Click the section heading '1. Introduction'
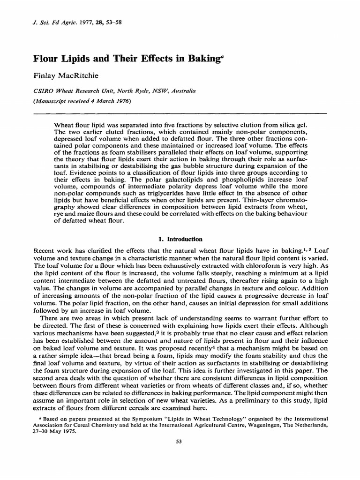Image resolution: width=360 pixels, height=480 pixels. tap(180, 239)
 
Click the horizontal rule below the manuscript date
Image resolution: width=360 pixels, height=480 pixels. tap(180, 112)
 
